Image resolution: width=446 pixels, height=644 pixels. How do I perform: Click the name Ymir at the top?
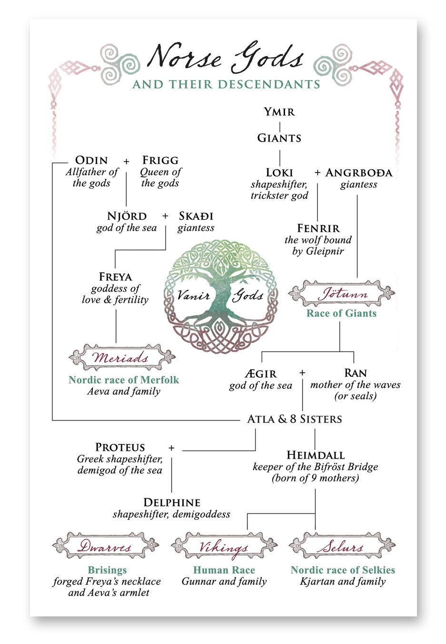279,112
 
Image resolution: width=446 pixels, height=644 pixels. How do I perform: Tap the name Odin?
91,161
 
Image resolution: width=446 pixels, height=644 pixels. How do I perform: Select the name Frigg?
160,161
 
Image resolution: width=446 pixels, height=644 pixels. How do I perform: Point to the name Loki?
279,173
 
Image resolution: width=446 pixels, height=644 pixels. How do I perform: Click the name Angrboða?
359,173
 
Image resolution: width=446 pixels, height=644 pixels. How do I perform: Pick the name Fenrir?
318,228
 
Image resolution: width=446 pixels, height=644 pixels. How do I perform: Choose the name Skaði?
196,216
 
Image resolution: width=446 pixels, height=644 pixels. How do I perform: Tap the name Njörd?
127,216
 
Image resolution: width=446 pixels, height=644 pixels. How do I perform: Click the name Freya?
115,277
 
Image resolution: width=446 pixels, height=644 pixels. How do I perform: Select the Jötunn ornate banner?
342,294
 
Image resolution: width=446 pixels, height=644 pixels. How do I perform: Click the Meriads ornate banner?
122,357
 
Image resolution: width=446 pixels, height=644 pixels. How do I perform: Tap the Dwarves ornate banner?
105,546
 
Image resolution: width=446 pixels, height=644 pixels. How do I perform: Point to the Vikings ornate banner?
224,546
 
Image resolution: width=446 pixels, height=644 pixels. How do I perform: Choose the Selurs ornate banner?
342,546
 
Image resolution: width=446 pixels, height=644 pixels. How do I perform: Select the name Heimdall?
315,455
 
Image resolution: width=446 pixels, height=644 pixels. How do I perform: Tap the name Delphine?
171,502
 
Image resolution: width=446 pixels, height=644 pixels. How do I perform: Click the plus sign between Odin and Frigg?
126,162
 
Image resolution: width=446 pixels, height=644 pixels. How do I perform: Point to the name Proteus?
120,448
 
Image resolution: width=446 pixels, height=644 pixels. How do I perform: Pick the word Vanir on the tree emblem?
193,296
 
